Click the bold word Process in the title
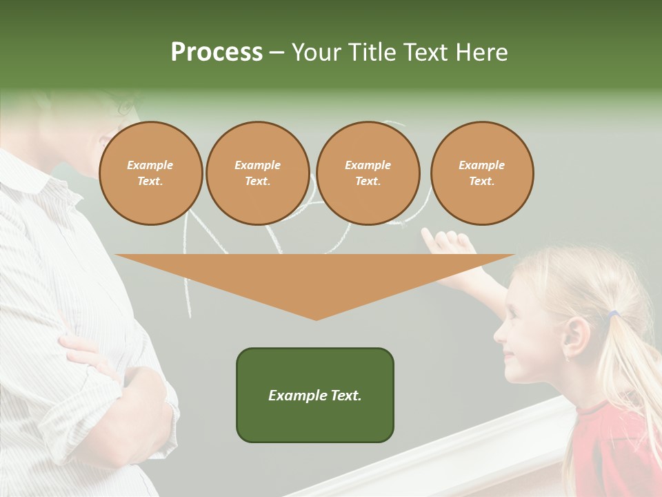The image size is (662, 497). click(217, 52)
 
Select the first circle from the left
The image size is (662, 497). click(150, 173)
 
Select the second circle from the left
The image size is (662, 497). click(257, 173)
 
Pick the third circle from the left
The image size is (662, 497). click(368, 173)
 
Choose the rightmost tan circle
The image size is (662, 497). click(482, 173)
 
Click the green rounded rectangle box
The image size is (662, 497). click(315, 395)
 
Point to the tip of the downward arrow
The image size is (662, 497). click(316, 318)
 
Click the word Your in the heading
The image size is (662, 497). click(317, 52)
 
